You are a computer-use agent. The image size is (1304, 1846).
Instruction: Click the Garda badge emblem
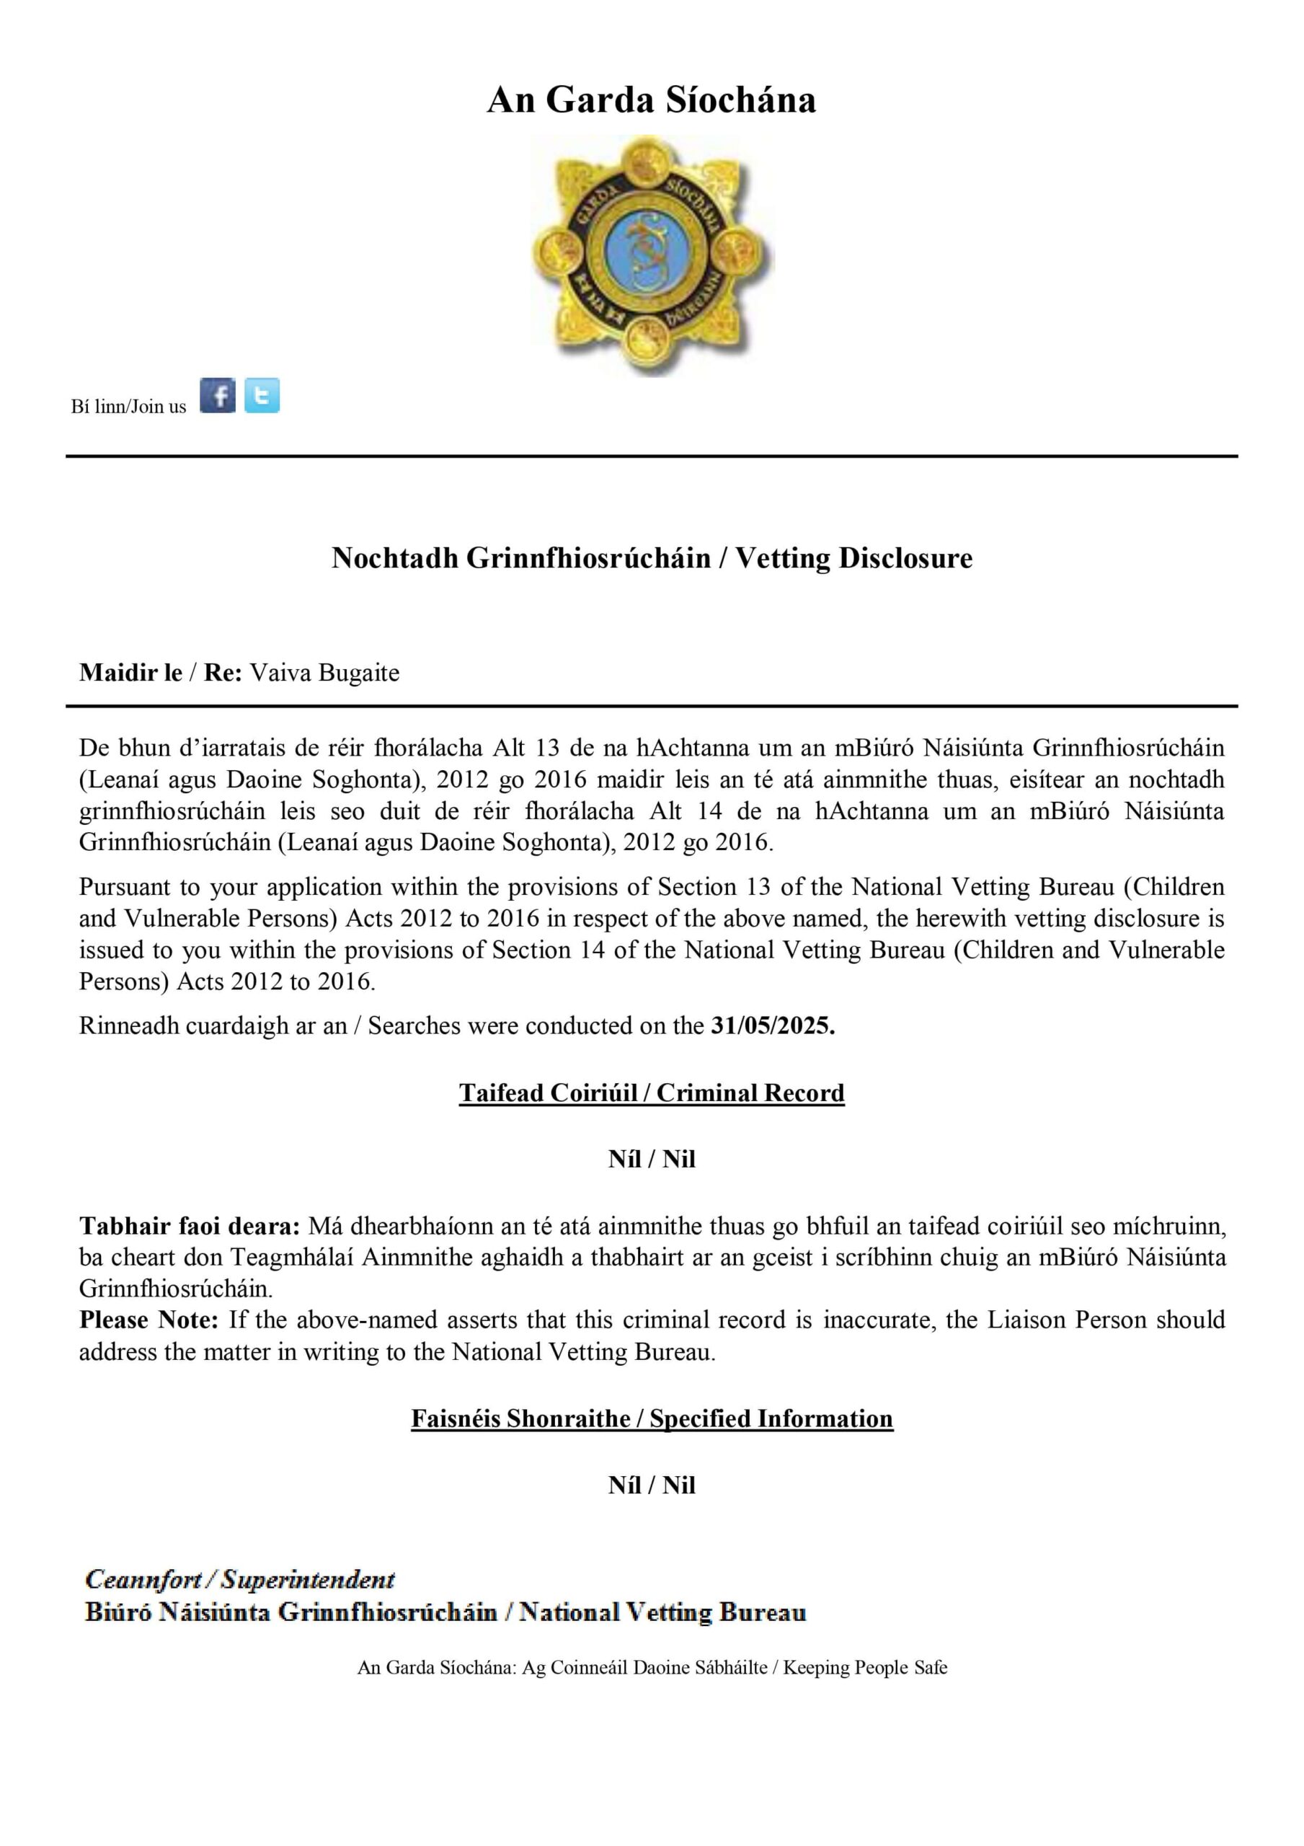[651, 256]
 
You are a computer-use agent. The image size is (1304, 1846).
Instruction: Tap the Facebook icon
[218, 396]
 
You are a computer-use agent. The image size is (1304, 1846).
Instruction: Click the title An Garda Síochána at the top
[651, 100]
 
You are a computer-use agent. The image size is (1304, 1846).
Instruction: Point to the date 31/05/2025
[773, 1026]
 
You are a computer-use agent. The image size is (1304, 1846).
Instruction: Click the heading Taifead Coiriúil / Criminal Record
[651, 1092]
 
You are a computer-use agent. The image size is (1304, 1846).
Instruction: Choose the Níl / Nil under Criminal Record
[651, 1159]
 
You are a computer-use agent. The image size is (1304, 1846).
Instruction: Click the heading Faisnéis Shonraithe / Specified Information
[651, 1418]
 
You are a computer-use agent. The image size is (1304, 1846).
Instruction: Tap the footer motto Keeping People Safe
[865, 1667]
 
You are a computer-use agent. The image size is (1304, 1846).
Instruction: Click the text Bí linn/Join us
[128, 407]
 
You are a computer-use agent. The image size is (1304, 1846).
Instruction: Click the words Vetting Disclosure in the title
[853, 558]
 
